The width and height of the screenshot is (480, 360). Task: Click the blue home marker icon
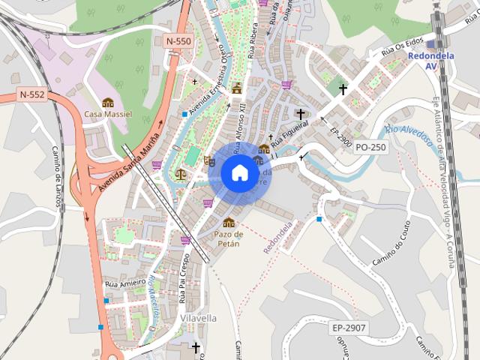coord(239,173)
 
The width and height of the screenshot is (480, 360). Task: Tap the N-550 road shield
coord(179,42)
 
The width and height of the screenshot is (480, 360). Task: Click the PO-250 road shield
coord(370,147)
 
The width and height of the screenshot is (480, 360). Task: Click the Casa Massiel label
coord(107,115)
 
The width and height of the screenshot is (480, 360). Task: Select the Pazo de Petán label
coord(229,238)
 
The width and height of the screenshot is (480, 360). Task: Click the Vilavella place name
coord(199,318)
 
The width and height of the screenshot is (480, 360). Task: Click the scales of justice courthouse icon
coord(181,174)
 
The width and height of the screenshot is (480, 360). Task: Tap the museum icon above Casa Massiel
coord(107,102)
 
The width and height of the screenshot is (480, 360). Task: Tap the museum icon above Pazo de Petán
coord(229,222)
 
